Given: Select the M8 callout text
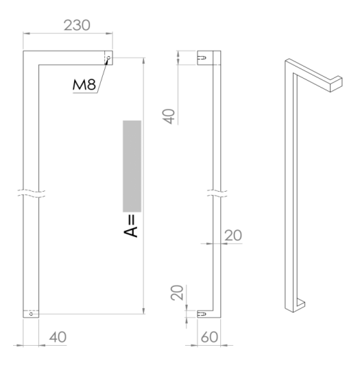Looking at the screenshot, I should pos(86,85).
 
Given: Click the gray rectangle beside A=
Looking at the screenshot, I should pos(132,165).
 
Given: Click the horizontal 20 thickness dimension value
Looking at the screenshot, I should pos(234,235).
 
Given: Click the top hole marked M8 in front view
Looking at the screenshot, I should pos(107,58).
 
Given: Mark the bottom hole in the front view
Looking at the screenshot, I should pos(31,314).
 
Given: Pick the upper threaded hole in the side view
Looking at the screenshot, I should pos(202,58).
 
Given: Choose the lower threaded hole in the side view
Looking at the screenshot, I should pos(202,314).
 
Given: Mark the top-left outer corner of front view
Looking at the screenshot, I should pos(23,51).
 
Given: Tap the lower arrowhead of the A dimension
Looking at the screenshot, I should pos(142,314).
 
